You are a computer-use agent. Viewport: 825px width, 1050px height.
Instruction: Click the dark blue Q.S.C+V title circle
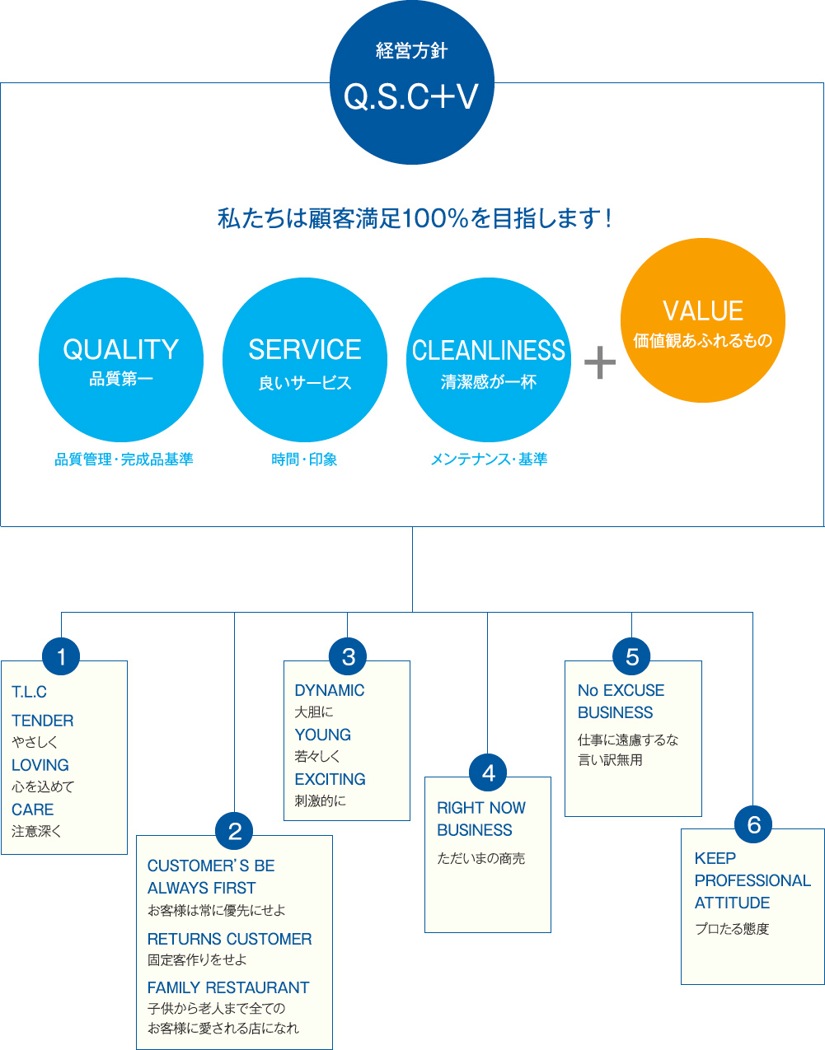(x=411, y=82)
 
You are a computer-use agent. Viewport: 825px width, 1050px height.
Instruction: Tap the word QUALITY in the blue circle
(x=121, y=350)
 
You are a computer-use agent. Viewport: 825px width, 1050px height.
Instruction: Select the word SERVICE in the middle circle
(x=305, y=350)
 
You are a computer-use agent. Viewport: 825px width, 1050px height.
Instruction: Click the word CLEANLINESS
(x=489, y=351)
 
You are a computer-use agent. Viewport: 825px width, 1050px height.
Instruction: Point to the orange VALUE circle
(x=703, y=320)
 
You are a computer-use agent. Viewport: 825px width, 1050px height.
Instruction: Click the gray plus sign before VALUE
(x=600, y=362)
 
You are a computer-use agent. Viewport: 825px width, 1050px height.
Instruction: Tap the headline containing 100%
(x=415, y=219)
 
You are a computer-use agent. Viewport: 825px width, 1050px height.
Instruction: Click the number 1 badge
(x=61, y=657)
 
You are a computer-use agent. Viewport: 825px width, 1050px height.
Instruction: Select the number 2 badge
(x=235, y=831)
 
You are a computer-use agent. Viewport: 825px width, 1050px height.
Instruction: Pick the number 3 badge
(x=348, y=657)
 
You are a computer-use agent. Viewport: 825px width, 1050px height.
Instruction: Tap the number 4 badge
(x=488, y=773)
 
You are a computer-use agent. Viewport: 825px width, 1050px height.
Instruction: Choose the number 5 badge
(x=632, y=657)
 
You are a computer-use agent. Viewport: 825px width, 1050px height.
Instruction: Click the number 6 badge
(x=753, y=825)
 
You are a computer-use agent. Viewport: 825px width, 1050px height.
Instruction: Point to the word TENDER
(x=43, y=721)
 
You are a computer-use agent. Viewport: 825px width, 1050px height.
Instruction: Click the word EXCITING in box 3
(x=330, y=779)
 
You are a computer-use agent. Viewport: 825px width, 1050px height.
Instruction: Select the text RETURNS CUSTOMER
(x=229, y=939)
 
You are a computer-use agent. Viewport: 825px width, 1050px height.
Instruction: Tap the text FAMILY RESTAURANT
(x=228, y=987)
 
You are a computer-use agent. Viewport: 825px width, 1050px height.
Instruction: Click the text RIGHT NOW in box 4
(x=481, y=808)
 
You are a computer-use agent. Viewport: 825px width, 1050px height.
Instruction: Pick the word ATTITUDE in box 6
(x=732, y=903)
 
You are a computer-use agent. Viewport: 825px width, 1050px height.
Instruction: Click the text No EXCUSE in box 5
(x=621, y=690)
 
